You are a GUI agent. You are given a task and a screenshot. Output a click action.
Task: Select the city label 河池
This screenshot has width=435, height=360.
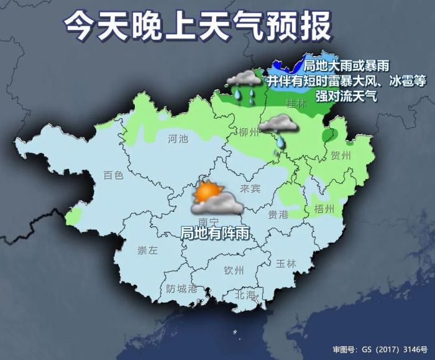coord(178,139)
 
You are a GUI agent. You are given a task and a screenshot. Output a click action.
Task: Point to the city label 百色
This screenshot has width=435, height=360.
coord(113,175)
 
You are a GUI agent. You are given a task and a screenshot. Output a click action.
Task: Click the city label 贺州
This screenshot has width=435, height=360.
coord(341,155)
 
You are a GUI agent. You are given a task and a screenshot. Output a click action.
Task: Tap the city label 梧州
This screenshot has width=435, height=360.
coord(325,207)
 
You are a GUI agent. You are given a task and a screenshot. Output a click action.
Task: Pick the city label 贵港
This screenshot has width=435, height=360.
coord(278,214)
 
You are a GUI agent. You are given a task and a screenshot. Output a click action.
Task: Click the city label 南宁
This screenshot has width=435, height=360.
coord(206,221)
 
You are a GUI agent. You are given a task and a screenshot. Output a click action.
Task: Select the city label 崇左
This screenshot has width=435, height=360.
coord(147,251)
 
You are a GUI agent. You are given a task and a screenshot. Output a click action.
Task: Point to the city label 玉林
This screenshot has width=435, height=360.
coord(286,263)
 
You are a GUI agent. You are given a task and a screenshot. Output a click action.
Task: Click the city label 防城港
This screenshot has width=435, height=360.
coord(181,289)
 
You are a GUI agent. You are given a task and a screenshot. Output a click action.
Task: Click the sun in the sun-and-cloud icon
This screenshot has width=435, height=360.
coord(203,192)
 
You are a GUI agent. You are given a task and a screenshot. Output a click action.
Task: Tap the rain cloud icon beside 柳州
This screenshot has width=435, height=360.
coord(277,127)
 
